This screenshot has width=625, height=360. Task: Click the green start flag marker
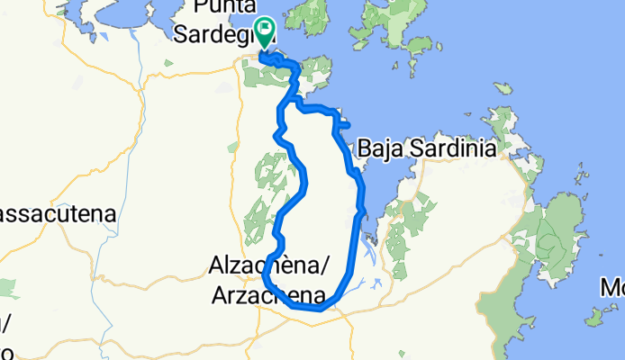pyautogui.click(x=264, y=33)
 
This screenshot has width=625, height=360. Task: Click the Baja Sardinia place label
pyautogui.click(x=426, y=148)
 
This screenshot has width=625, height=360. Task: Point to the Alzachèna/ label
pyautogui.click(x=268, y=266)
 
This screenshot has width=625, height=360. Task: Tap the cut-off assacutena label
pyautogui.click(x=56, y=215)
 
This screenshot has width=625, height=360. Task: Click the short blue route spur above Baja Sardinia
pyautogui.click(x=344, y=125)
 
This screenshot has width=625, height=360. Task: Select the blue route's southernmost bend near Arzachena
pyautogui.click(x=317, y=308)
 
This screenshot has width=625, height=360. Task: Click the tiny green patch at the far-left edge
pyautogui.click(x=7, y=288)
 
